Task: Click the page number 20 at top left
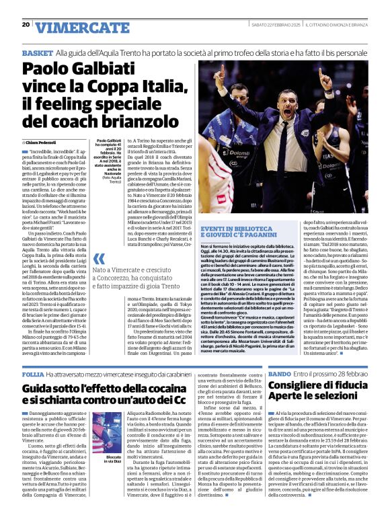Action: [x=26, y=24]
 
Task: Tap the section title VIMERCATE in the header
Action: [x=74, y=28]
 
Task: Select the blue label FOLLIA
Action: [x=33, y=373]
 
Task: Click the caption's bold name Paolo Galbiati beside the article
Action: [x=105, y=141]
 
